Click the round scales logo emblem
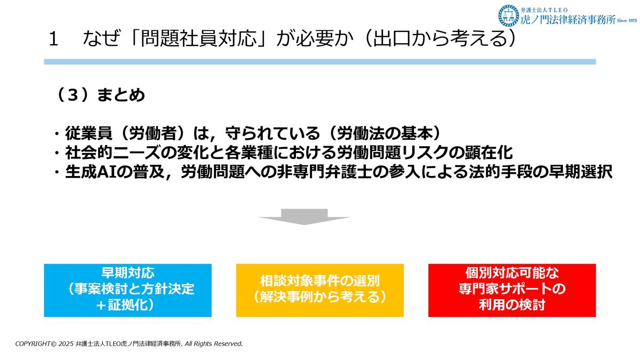509,15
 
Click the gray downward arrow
305,217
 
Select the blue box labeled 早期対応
127,290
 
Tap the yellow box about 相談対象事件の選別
319,290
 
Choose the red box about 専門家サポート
512,290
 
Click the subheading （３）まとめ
101,95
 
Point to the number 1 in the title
53,39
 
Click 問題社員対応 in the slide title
198,38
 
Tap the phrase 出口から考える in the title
441,38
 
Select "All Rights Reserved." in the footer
213,343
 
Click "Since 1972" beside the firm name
627,21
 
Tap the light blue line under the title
319,62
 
